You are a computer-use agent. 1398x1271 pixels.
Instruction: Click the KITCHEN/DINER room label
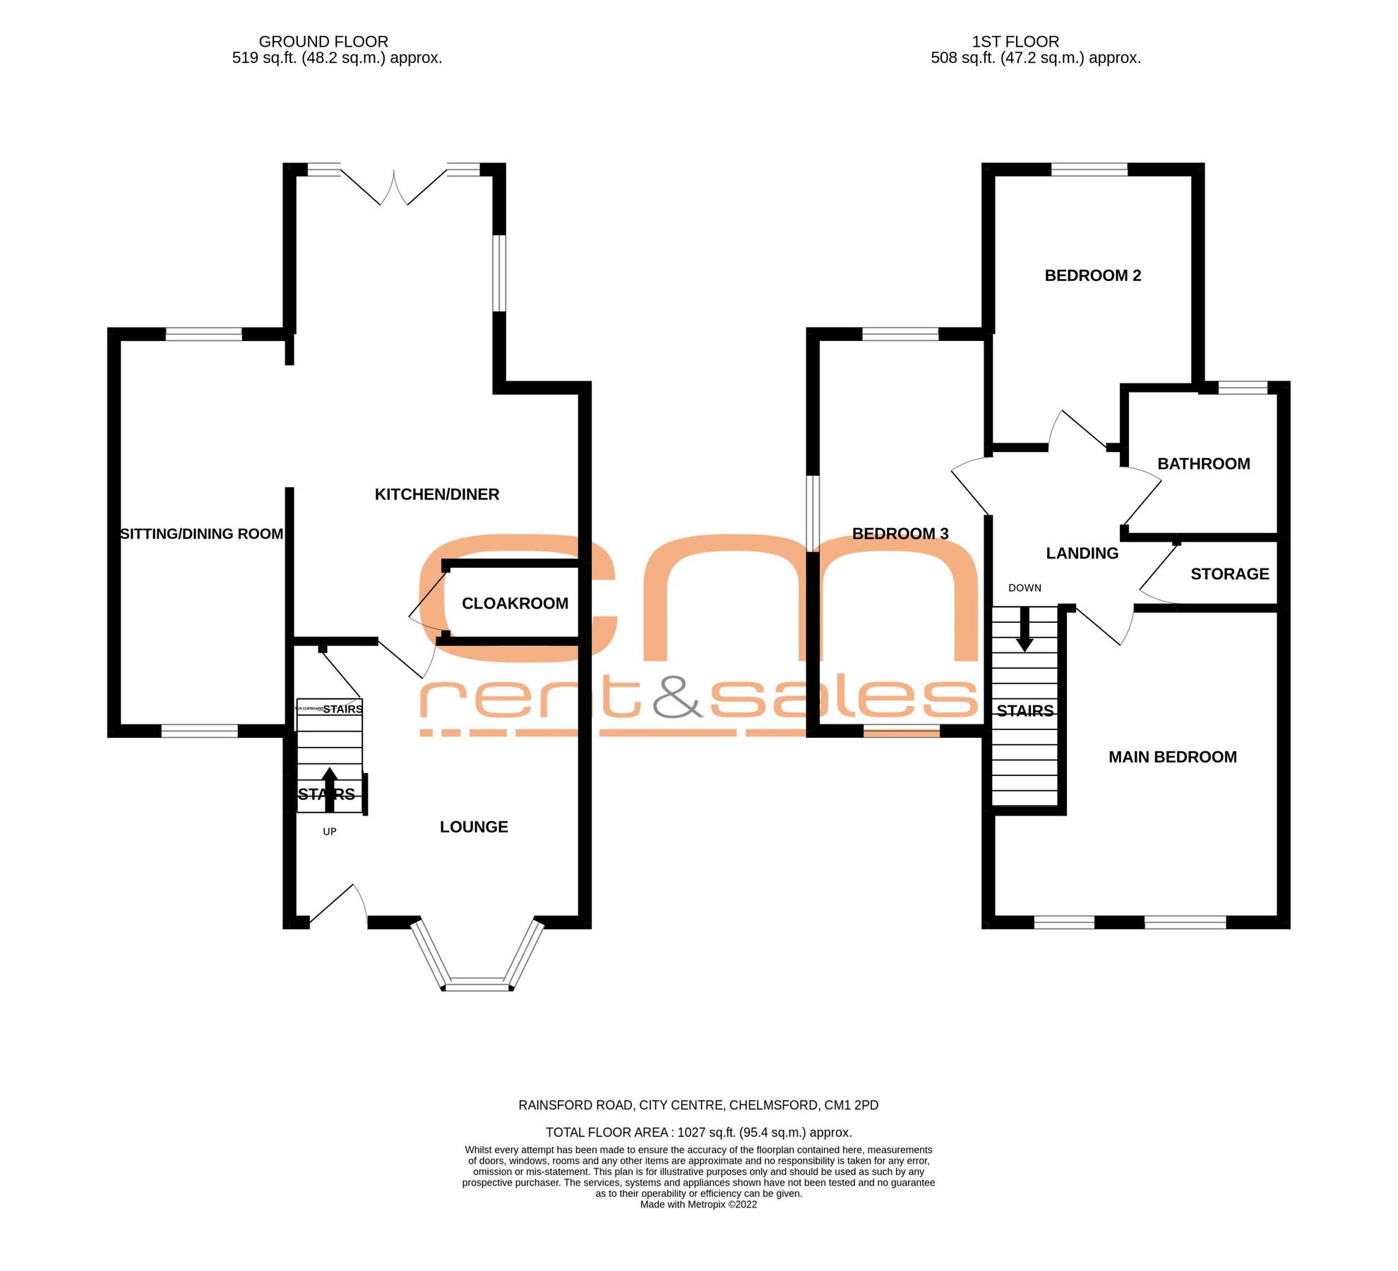coord(436,494)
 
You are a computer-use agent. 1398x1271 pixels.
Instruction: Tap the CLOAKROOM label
coord(515,603)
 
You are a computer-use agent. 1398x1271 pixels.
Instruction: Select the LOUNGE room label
coord(474,827)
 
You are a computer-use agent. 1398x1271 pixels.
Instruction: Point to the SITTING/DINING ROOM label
coord(201,534)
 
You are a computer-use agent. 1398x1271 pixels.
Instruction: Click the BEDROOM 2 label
coord(1092,275)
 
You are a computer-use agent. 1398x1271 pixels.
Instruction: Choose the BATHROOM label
coord(1203,464)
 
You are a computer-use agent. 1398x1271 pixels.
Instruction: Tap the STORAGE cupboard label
coord(1229,574)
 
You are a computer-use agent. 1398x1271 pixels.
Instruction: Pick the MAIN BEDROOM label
coord(1172,757)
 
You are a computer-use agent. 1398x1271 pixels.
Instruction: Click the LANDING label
coord(1082,554)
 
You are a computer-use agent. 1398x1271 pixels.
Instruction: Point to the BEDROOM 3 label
coord(900,534)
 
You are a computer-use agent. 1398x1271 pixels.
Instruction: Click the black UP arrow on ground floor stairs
coord(329,787)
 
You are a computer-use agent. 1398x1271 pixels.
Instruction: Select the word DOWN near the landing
coord(1024,588)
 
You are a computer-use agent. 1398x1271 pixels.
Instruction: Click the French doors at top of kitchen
coord(394,186)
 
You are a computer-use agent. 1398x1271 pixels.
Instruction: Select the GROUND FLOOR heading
coord(323,42)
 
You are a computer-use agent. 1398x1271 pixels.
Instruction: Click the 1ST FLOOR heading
coord(1015,42)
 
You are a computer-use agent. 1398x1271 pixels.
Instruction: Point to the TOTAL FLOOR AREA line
coord(698,1133)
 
